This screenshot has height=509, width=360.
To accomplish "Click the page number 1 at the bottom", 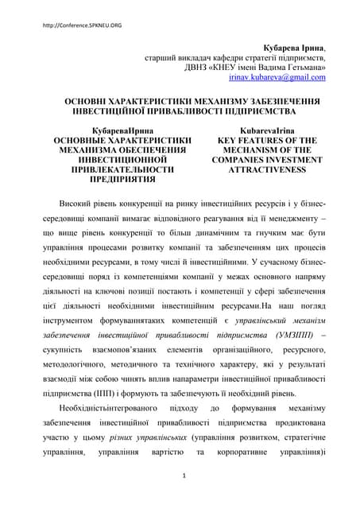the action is (x=184, y=476).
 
